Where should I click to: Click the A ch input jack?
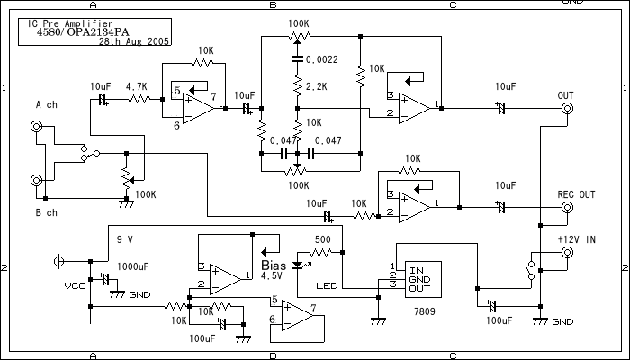37,127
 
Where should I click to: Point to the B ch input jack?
37,180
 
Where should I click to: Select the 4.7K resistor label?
137,86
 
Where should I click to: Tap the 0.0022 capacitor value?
322,59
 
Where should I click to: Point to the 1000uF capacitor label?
132,266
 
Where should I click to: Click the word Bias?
273,265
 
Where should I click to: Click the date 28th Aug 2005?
135,41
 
